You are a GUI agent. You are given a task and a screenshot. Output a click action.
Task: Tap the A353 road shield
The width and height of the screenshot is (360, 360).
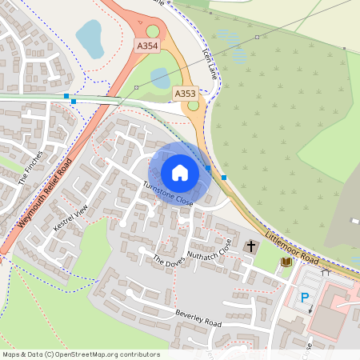tap(185, 94)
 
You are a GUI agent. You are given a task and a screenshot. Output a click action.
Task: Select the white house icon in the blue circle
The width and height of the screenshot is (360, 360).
tap(180, 173)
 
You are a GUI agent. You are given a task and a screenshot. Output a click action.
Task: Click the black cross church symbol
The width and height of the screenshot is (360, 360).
tap(251, 246)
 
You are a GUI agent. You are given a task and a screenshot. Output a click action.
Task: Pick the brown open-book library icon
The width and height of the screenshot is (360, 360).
tap(286, 262)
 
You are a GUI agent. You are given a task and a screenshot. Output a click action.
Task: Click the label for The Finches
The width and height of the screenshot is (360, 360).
tap(30, 169)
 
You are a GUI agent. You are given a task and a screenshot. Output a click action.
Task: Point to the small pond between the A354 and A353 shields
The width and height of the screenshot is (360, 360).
tap(161, 78)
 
